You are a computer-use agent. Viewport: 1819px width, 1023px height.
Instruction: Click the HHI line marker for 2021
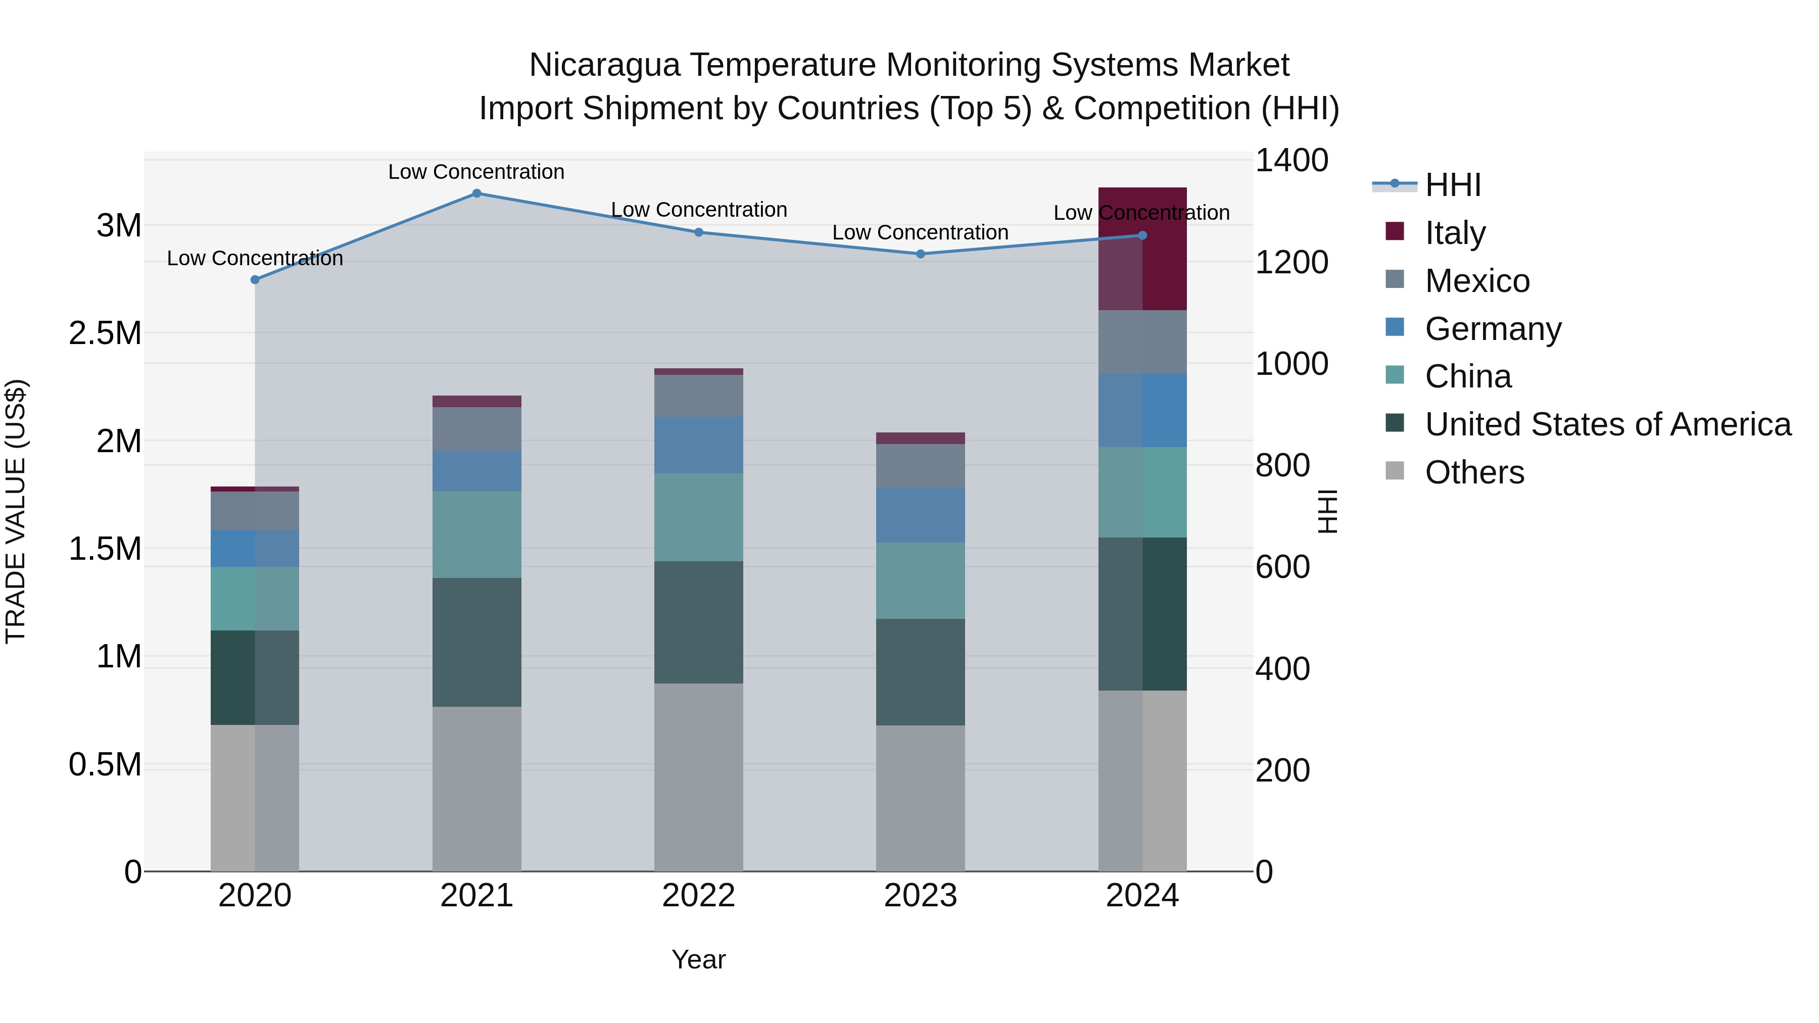tap(476, 193)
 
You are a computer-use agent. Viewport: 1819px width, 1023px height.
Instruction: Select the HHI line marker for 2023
tap(920, 254)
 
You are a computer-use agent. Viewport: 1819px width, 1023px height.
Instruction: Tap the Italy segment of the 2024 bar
tap(1142, 249)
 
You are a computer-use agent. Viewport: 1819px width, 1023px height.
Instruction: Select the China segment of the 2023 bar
tap(920, 580)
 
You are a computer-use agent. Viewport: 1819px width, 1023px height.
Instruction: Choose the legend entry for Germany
tap(1492, 329)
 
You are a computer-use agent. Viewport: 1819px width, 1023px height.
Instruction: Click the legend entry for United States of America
tap(1607, 424)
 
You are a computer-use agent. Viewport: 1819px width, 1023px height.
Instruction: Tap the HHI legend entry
tap(1453, 185)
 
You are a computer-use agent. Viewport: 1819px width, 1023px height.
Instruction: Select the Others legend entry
tap(1474, 472)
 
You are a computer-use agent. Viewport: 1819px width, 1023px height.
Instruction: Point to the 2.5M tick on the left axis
tap(105, 333)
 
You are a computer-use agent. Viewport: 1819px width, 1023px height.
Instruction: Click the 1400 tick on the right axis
tap(1291, 160)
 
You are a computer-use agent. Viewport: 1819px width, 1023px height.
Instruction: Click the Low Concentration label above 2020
tap(255, 258)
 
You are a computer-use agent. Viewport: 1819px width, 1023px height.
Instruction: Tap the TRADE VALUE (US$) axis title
tap(16, 511)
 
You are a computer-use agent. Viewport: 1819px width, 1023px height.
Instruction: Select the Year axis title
tap(698, 959)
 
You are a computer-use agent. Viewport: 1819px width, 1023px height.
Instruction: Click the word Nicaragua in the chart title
tap(604, 65)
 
